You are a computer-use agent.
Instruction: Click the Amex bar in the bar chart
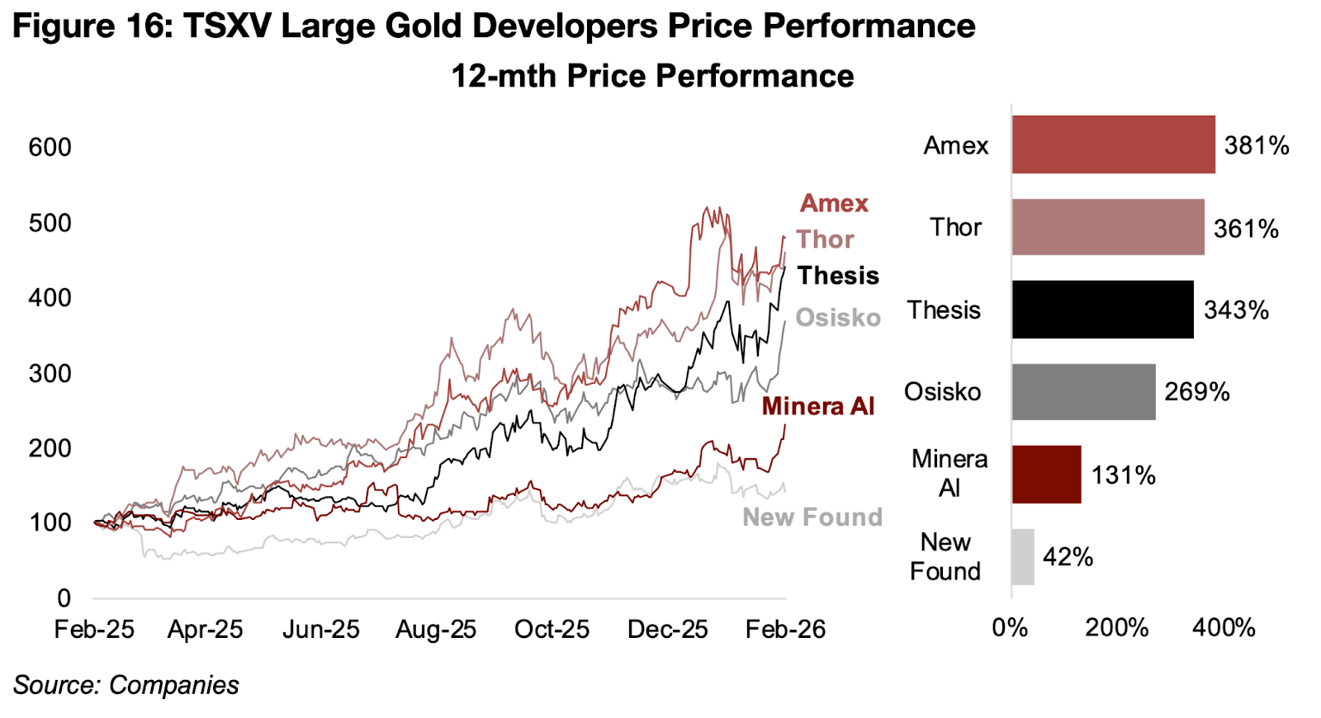click(1113, 144)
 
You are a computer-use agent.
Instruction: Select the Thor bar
click(1107, 227)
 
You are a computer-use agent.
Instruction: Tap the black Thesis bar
click(1102, 309)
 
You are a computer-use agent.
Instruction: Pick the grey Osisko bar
click(1083, 392)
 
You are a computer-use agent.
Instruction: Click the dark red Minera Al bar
click(1046, 475)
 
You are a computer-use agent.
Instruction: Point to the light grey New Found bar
click(1023, 557)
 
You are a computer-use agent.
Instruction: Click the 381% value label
click(1256, 146)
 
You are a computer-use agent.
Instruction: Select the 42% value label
click(1068, 558)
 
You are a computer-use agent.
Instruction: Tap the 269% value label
click(1196, 392)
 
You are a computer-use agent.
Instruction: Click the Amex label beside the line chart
click(834, 203)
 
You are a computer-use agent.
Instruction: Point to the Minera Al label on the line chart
click(817, 406)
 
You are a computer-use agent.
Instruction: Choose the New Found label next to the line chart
click(812, 517)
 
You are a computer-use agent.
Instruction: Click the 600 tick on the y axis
click(50, 148)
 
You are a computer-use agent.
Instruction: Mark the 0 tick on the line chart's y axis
click(64, 598)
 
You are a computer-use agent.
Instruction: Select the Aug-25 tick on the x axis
click(436, 630)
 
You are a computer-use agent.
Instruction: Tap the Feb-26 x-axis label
click(785, 630)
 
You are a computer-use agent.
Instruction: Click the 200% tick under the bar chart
click(1116, 628)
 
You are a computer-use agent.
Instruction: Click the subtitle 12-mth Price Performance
click(652, 76)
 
